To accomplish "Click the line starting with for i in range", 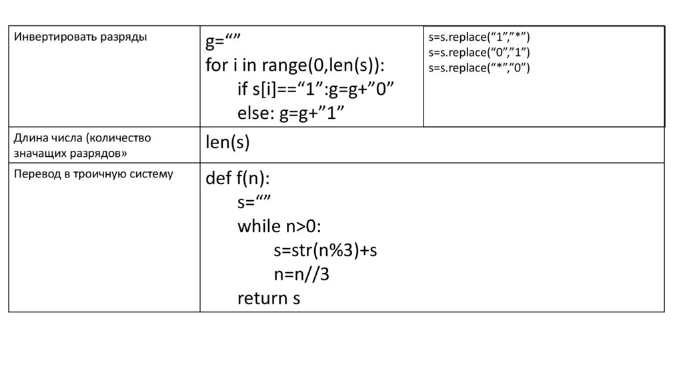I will point(295,65).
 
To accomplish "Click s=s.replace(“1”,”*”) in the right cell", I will point(479,37).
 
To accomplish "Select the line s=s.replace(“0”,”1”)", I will point(479,52).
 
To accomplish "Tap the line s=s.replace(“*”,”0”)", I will point(479,67).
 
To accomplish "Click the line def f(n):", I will point(237,179).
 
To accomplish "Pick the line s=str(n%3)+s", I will point(325,251).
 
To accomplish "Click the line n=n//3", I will point(301,275).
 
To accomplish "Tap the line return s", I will point(268,298).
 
